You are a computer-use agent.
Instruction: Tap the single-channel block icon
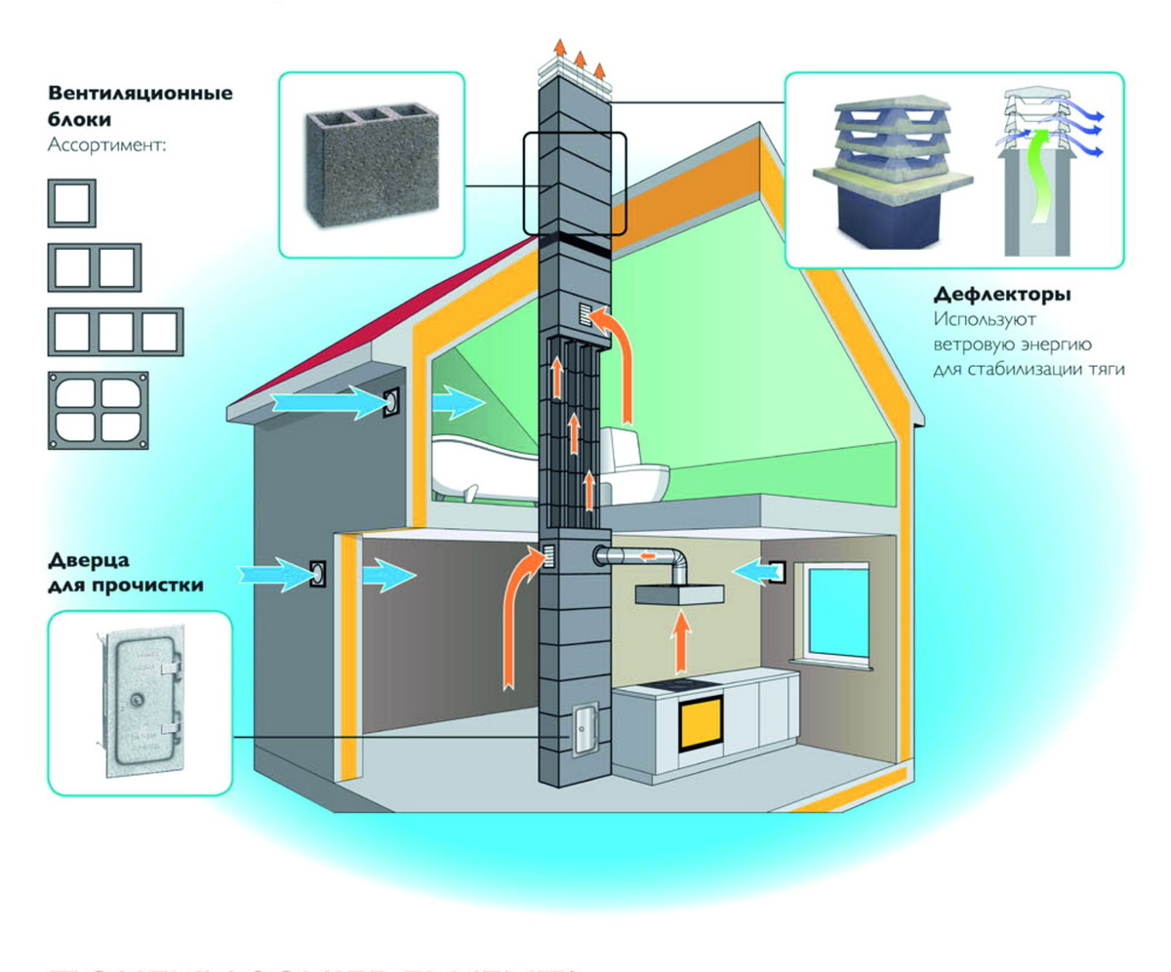72,204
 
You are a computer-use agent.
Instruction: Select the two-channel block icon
95,268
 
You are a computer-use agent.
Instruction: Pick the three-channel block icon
115,332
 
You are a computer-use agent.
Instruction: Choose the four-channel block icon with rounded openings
99,411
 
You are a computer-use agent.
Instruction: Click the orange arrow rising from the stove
680,644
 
